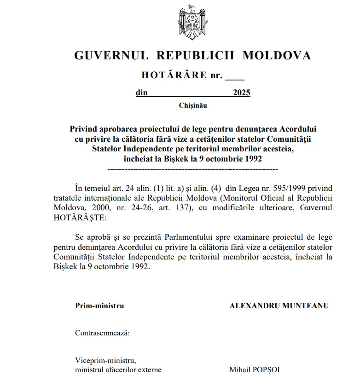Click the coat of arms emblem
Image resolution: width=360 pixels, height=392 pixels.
tap(192, 22)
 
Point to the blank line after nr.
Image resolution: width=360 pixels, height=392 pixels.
tap(235, 75)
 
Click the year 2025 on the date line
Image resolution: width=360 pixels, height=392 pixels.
tap(242, 93)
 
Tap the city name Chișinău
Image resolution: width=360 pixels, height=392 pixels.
tap(192, 105)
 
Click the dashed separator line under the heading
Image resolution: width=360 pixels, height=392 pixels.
tap(192, 169)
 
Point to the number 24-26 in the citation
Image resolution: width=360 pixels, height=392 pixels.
tap(142, 208)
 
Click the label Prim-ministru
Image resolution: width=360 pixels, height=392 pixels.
tap(99, 306)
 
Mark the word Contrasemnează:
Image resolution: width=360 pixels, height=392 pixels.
tap(102, 333)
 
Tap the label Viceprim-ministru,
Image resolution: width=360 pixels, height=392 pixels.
tap(106, 360)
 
